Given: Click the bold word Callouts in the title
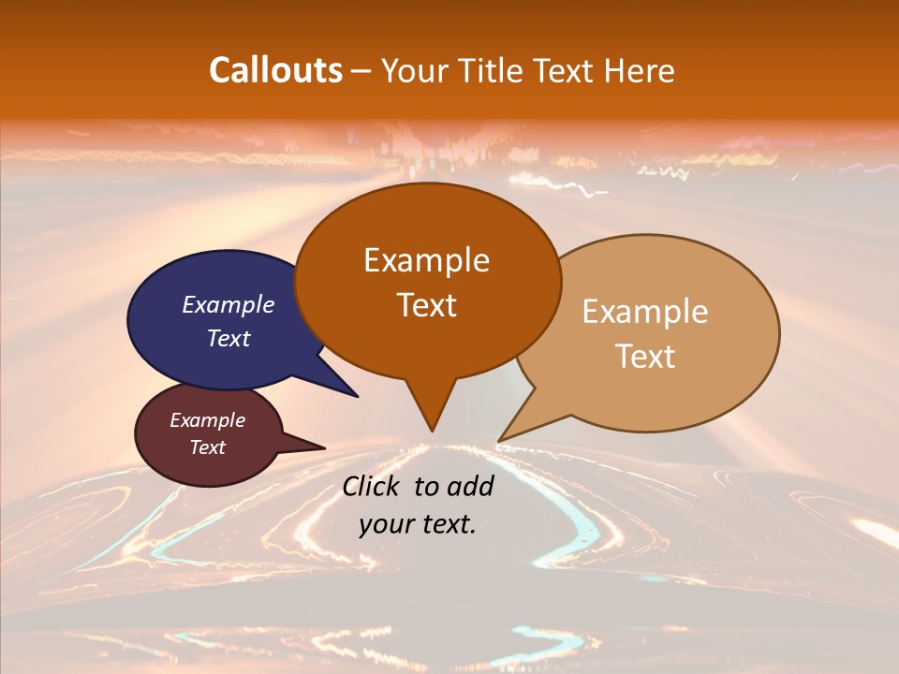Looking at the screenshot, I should tap(275, 70).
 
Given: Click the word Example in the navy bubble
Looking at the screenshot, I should tap(228, 304).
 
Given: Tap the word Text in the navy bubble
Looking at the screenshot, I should tap(228, 338).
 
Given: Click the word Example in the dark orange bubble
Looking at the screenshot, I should tap(426, 260).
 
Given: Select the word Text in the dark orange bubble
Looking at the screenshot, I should tap(426, 304).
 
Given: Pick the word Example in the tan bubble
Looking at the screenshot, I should tap(644, 312).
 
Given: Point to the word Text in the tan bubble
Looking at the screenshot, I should tap(645, 356).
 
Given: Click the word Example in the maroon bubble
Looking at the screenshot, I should tap(207, 420).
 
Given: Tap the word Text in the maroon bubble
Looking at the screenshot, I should tap(207, 447).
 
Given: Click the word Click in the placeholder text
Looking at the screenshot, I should tap(373, 486).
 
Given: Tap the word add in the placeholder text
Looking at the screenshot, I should tap(471, 486).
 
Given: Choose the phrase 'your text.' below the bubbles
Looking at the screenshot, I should tap(417, 524).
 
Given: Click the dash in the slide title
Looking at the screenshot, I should tap(362, 71).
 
